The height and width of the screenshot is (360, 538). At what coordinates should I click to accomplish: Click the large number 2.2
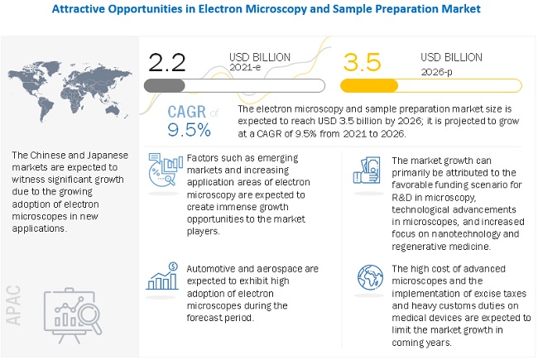[x=168, y=61]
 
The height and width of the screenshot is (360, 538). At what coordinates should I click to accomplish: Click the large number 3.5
[x=364, y=61]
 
